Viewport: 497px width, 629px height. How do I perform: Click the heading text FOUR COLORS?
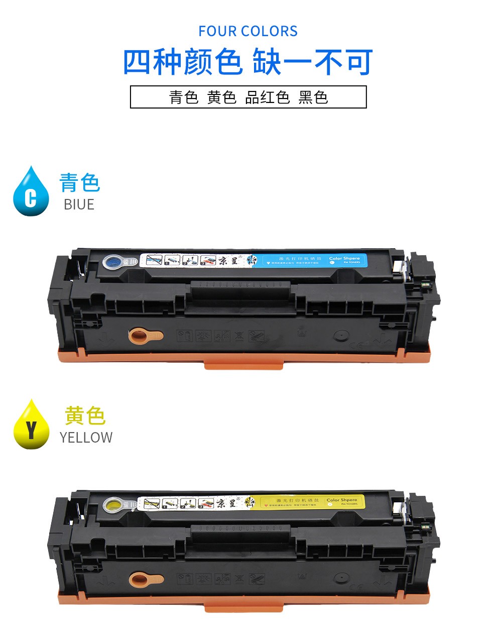tap(248, 31)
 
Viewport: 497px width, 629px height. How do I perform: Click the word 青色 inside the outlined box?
tap(184, 97)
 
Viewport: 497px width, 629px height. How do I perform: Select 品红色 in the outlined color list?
tap(267, 97)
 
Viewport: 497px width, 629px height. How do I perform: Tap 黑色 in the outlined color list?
tap(313, 97)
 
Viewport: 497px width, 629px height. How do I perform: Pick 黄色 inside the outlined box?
tap(221, 97)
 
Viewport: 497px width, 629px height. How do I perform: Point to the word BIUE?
tap(79, 204)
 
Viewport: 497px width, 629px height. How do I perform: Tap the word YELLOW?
tap(86, 438)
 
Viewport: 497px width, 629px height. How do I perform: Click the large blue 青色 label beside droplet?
tap(80, 182)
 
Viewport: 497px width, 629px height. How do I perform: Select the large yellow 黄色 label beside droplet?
tap(84, 415)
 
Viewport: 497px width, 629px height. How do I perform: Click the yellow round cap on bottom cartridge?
tap(113, 503)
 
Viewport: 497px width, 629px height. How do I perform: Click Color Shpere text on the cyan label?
tap(344, 258)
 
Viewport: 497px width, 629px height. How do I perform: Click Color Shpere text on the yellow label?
tap(342, 500)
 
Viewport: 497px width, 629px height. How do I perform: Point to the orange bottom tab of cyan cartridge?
tap(243, 364)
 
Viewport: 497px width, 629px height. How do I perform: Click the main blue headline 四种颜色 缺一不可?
tap(248, 62)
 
